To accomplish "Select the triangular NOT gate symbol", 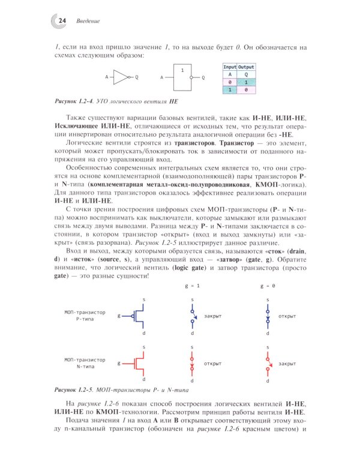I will click(x=121, y=77).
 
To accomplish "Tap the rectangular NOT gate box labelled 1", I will click(x=182, y=77).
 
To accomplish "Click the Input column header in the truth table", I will click(x=230, y=67).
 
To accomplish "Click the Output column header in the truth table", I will click(x=246, y=67).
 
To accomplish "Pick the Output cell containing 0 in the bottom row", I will click(x=246, y=89).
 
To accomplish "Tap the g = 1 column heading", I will click(x=191, y=287).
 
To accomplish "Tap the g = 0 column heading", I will click(x=268, y=287).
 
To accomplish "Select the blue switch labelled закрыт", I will click(x=192, y=315).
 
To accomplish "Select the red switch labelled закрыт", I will click(x=268, y=363).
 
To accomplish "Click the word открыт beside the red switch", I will click(x=213, y=363).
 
